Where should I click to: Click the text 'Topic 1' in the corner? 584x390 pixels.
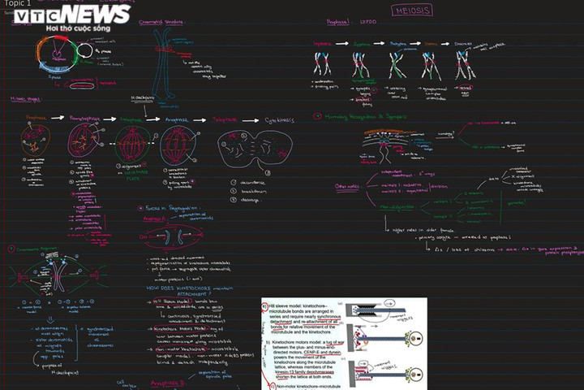coord(16,4)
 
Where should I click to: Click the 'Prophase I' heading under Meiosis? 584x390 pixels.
coord(337,23)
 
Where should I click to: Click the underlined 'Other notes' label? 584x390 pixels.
coord(350,187)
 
